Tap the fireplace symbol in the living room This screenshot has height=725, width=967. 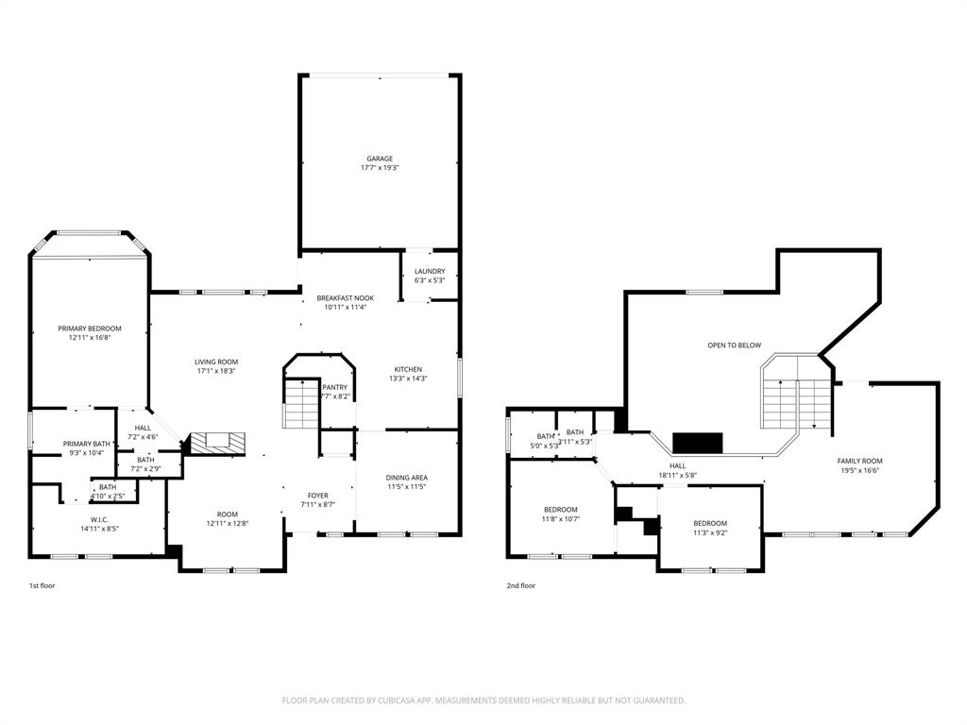[x=217, y=441]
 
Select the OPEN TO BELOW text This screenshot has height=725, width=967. [x=734, y=346]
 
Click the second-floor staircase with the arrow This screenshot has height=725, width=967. [x=798, y=401]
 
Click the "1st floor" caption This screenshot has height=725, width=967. [x=42, y=585]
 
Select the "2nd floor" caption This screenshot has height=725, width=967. [x=521, y=585]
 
